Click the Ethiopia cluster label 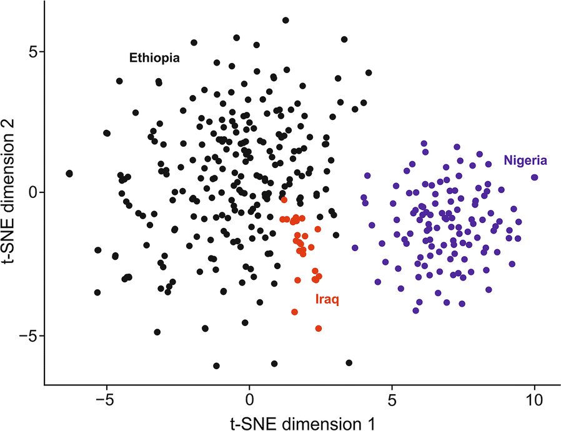(154, 59)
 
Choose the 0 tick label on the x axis (249, 398)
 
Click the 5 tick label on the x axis (392, 398)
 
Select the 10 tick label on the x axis (534, 398)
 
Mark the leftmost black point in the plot (69, 173)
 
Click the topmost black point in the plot (285, 21)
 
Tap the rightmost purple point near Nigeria (535, 177)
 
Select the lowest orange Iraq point (319, 328)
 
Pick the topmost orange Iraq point (284, 200)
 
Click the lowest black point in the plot (216, 365)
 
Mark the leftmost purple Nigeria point (355, 247)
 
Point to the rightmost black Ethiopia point (369, 73)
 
